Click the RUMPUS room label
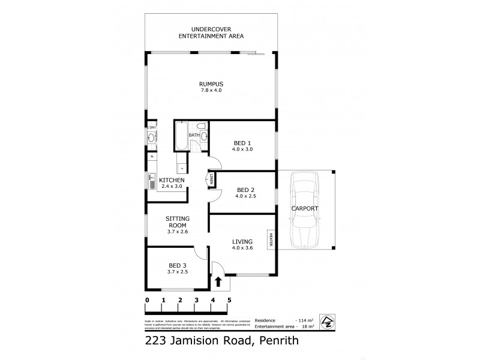click(x=211, y=83)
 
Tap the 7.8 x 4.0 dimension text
click(x=211, y=90)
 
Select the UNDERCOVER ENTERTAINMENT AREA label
click(x=211, y=32)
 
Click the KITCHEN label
click(x=172, y=180)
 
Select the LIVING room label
click(x=242, y=242)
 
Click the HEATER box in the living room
click(x=271, y=239)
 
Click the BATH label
click(x=194, y=136)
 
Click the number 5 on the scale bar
click(x=229, y=299)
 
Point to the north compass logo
click(x=328, y=321)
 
